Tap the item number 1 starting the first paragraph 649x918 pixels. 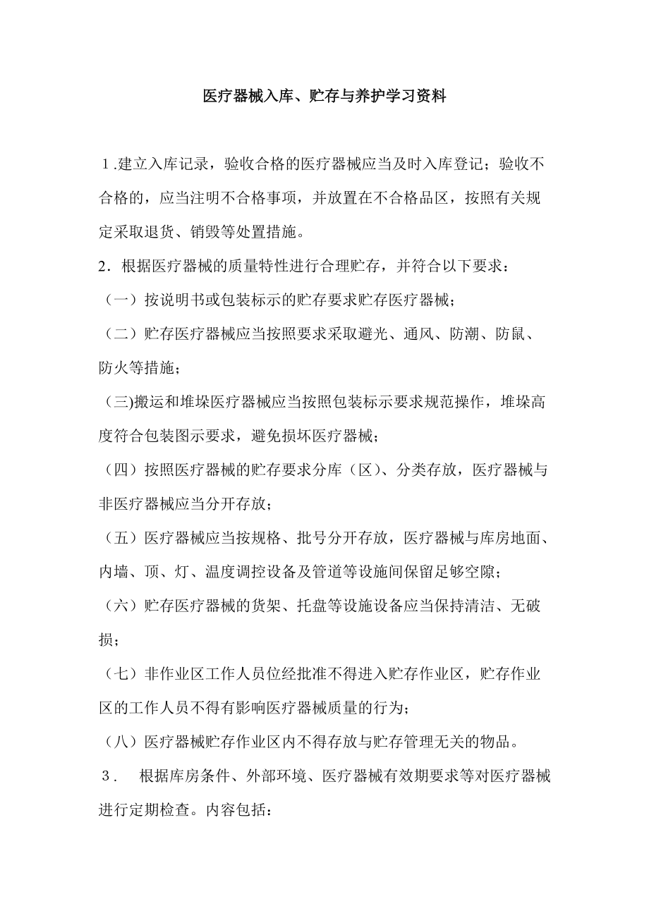click(x=106, y=165)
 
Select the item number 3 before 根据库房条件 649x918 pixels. click(x=108, y=777)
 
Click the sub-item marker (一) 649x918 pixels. click(x=121, y=300)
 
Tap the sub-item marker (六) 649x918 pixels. click(x=121, y=606)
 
